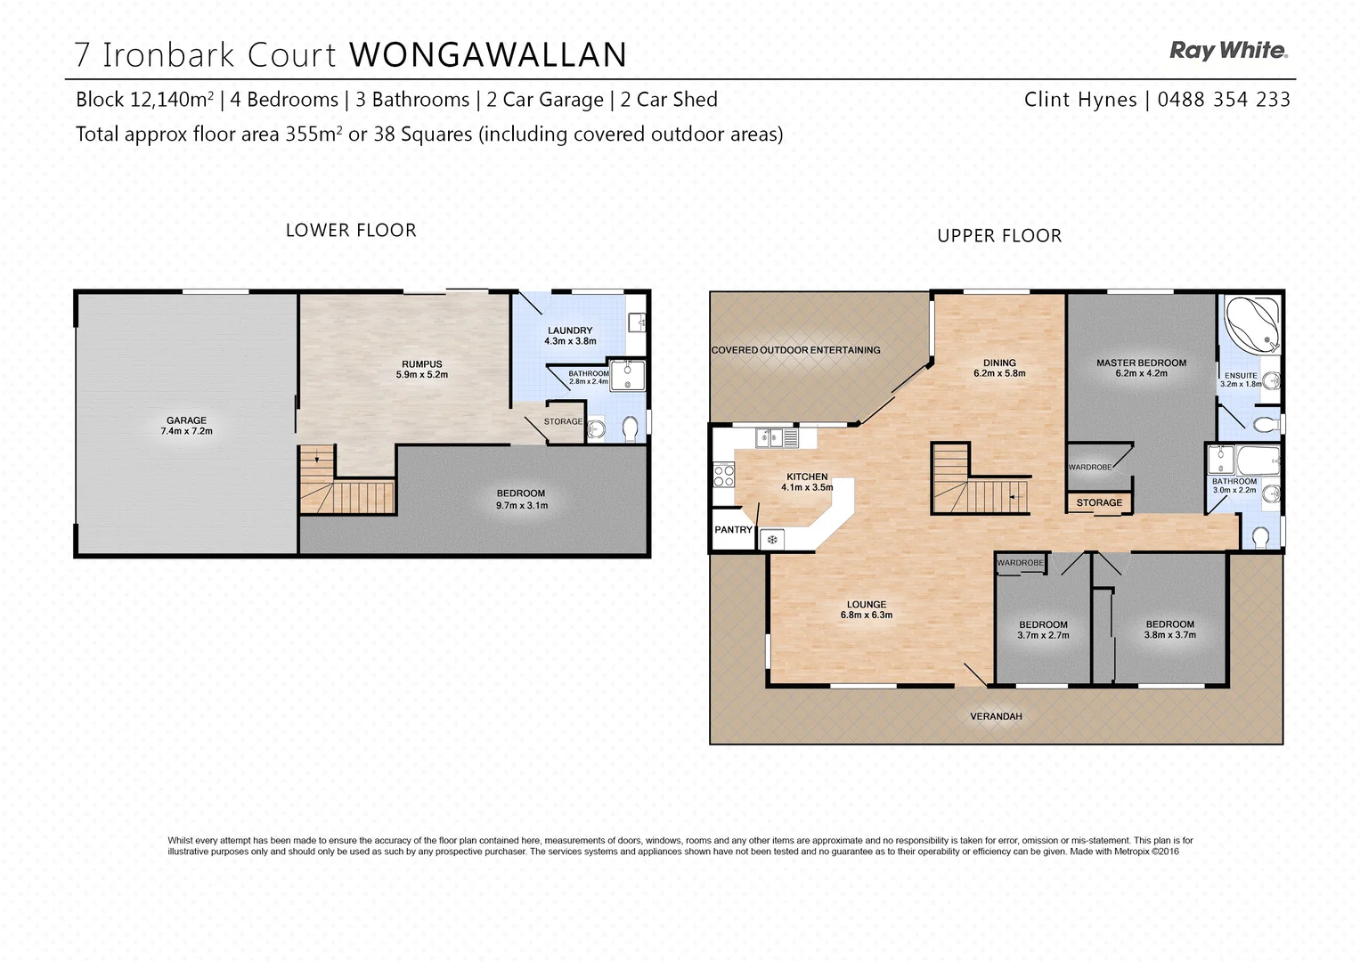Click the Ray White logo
pos(1227,51)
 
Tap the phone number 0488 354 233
pos(1224,100)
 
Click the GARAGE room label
pos(186,420)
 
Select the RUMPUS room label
pos(422,364)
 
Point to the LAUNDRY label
pos(570,330)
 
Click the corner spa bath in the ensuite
pos(1252,322)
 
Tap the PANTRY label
pos(733,530)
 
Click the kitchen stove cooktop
pos(723,476)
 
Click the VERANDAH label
pos(996,716)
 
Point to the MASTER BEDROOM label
pos(1141,363)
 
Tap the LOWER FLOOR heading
pos(351,231)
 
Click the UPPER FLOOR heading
pos(999,236)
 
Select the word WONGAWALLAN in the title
pos(488,55)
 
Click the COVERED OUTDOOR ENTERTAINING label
pos(795,350)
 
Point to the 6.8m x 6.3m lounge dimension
pos(867,616)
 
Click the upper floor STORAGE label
pos(1099,503)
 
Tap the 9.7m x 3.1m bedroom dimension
pos(522,506)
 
